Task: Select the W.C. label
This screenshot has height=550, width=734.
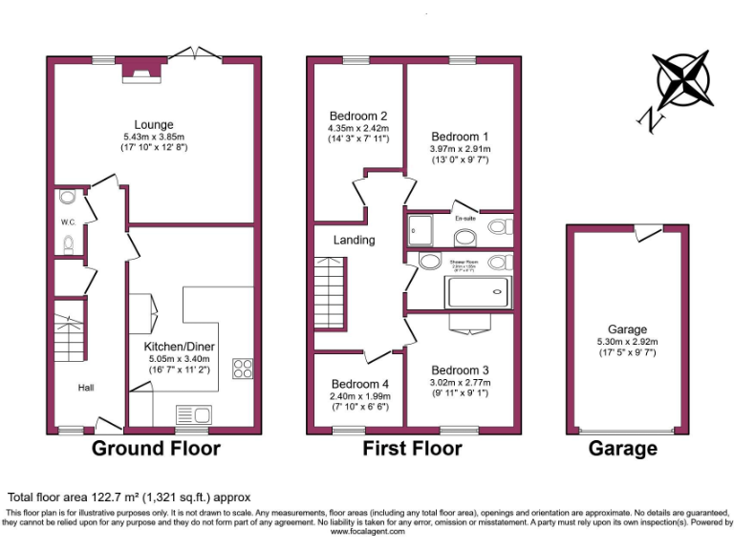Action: pos(68,222)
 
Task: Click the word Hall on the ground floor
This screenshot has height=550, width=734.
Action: pos(86,388)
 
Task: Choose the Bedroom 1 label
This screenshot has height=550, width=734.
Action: pos(460,136)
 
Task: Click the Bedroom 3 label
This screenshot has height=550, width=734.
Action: pos(460,370)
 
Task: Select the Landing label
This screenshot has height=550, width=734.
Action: pos(354,241)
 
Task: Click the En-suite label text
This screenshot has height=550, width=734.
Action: pos(466,217)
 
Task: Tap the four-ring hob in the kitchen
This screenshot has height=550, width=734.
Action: pos(243,369)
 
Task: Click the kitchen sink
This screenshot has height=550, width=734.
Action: pos(193,413)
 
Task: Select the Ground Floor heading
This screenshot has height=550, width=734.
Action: pos(156,449)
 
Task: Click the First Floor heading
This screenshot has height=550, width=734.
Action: pos(412,449)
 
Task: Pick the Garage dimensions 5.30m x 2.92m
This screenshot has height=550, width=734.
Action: pos(628,340)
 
